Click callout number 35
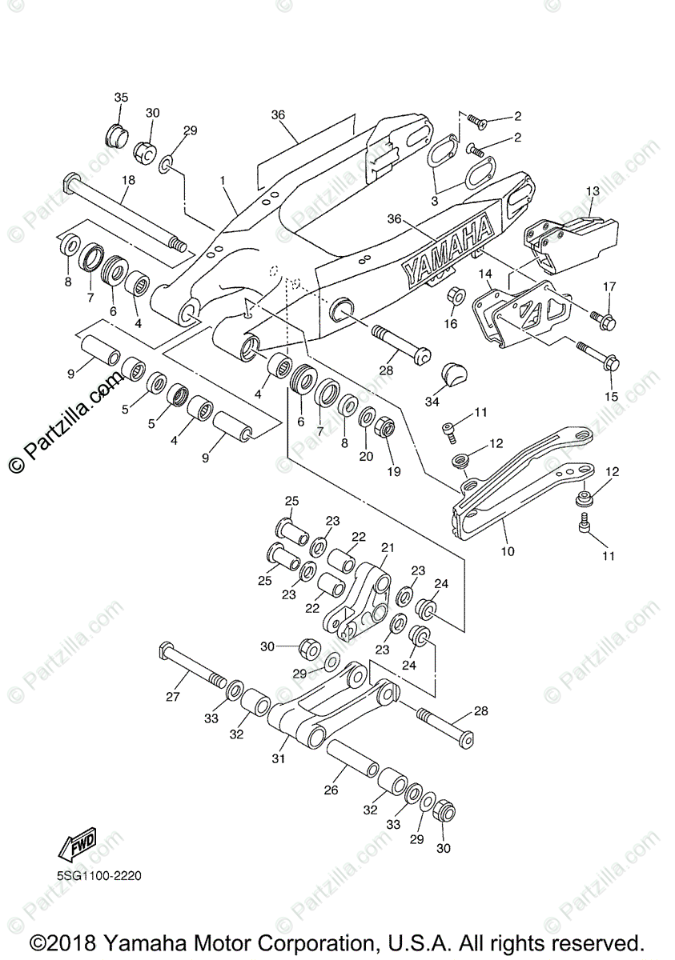click(121, 98)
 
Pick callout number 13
click(593, 191)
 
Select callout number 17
click(609, 286)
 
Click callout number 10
click(508, 551)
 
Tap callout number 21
click(388, 548)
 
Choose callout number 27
click(173, 696)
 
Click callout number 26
click(331, 790)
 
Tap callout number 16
click(452, 323)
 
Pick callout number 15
click(612, 396)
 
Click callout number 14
click(486, 274)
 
